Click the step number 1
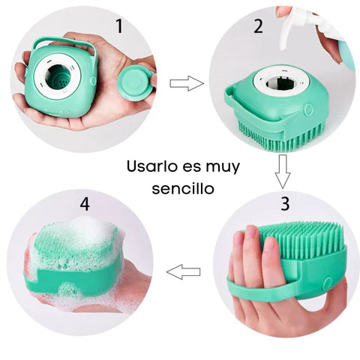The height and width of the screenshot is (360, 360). (118, 27)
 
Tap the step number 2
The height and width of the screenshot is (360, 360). (257, 27)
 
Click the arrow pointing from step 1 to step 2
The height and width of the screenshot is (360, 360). (186, 82)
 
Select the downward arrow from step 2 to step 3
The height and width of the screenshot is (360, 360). (282, 170)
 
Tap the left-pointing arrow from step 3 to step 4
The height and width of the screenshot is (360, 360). (183, 271)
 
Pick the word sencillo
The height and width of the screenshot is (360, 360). (182, 188)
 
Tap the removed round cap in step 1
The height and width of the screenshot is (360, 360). (136, 82)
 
